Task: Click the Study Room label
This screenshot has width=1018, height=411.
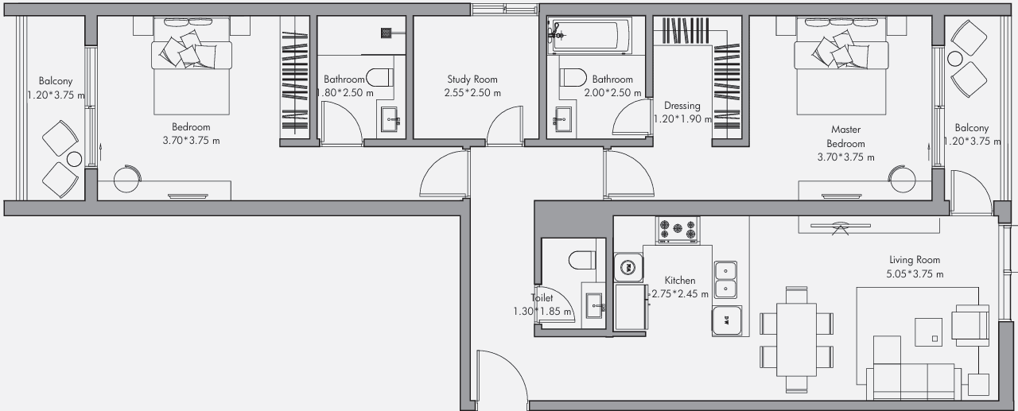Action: [x=472, y=79]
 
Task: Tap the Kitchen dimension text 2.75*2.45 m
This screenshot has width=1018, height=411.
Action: [x=680, y=294]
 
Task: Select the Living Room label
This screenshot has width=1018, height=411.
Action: [x=915, y=260]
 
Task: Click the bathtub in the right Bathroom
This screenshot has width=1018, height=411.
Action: [x=589, y=36]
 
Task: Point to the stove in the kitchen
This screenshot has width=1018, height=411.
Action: [x=678, y=229]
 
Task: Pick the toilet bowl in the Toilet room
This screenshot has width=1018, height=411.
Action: [x=582, y=260]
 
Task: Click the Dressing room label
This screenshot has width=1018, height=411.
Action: [x=682, y=106]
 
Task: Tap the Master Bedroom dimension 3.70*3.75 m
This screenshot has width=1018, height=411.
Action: [x=845, y=157]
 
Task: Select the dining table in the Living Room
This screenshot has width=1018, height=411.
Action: [x=796, y=339]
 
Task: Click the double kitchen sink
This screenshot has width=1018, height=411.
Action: [x=725, y=280]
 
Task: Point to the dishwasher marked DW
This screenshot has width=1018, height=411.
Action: [x=726, y=320]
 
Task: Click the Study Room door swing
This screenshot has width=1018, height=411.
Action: [x=504, y=126]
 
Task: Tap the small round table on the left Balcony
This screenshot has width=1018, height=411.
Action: [x=74, y=160]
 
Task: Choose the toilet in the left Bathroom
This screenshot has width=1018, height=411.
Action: [x=379, y=77]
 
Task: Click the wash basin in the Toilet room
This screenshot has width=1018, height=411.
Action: [x=593, y=305]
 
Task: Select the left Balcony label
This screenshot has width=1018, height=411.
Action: [x=56, y=81]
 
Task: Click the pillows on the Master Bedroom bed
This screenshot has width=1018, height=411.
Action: [x=841, y=51]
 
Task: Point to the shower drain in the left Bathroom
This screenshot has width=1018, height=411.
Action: [x=387, y=33]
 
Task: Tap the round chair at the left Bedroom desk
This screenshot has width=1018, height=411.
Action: [x=127, y=179]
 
